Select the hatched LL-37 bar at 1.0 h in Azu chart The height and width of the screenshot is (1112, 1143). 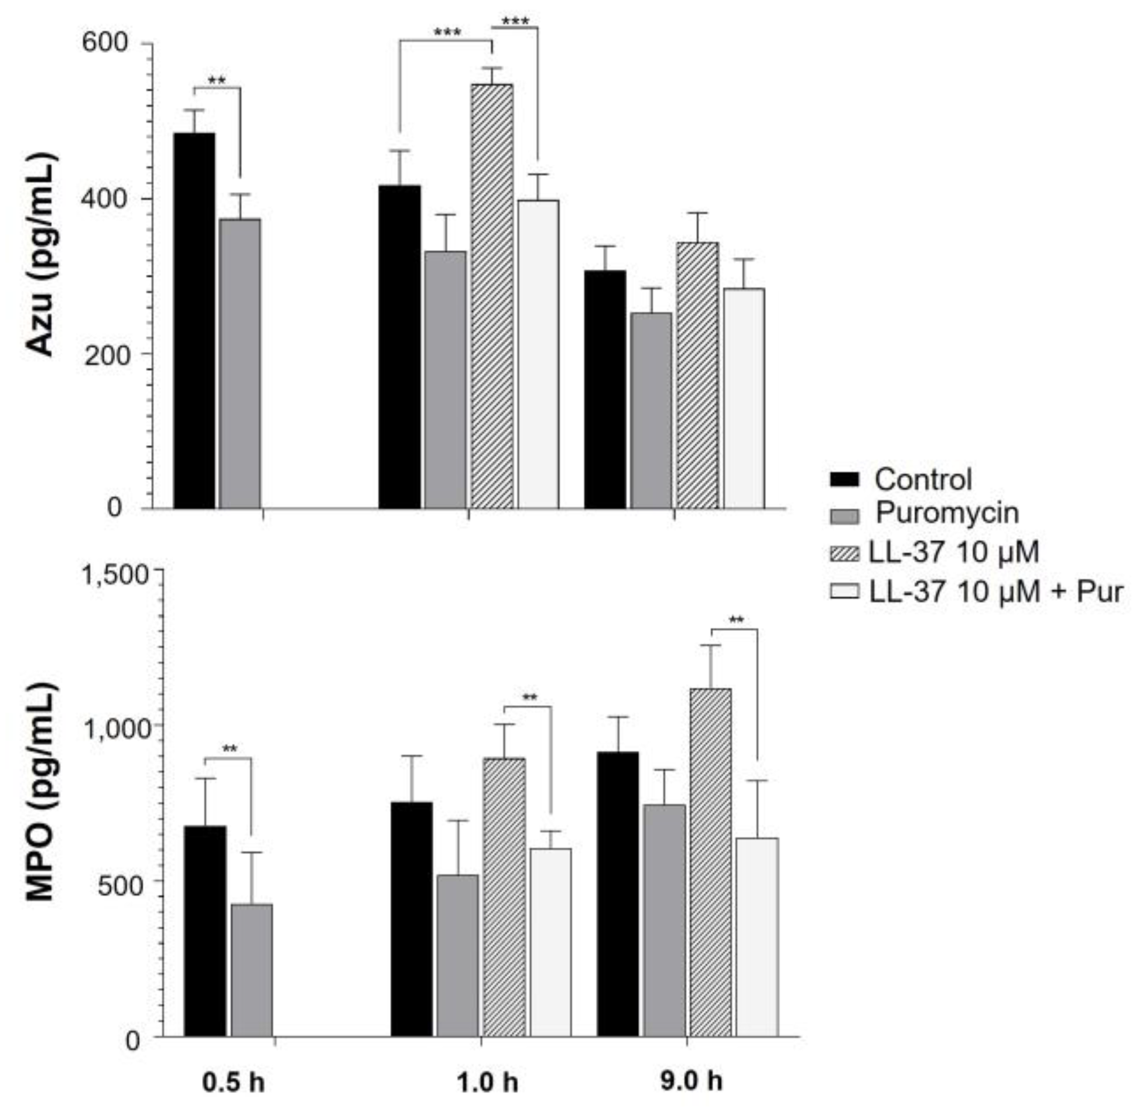pyautogui.click(x=492, y=296)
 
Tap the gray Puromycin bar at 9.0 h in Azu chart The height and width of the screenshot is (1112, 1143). pyautogui.click(x=651, y=410)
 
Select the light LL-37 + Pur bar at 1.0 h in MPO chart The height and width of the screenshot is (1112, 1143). pyautogui.click(x=550, y=943)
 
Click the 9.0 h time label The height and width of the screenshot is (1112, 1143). pyautogui.click(x=692, y=1081)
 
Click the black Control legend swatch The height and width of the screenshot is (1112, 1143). pyautogui.click(x=844, y=480)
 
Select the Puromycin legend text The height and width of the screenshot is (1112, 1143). pyautogui.click(x=947, y=513)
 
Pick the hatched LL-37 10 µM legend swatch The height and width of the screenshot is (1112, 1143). pyautogui.click(x=844, y=553)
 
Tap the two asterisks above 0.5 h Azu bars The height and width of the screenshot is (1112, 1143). pyautogui.click(x=217, y=80)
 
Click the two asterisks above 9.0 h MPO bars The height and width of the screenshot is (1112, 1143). pyautogui.click(x=736, y=620)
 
